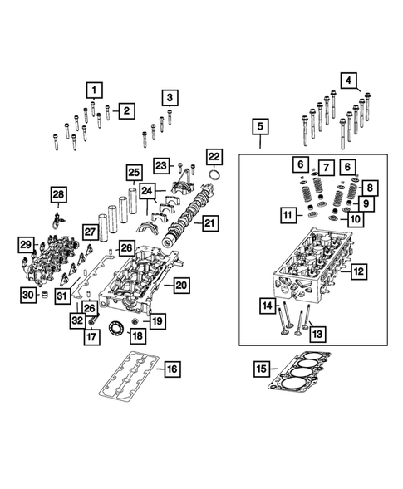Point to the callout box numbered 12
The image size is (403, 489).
click(x=358, y=271)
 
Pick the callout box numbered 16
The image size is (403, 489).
click(x=171, y=369)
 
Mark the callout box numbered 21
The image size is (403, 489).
click(x=210, y=222)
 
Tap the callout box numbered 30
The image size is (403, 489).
click(x=27, y=296)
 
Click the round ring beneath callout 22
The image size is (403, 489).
click(x=214, y=176)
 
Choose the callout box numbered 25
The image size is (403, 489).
click(x=133, y=173)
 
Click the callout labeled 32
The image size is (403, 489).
click(x=76, y=318)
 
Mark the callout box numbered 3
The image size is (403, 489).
click(x=170, y=98)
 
